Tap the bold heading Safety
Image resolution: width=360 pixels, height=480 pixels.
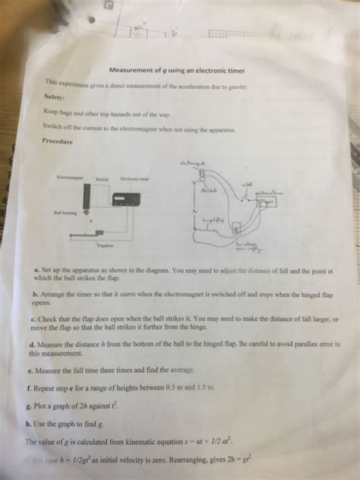click(54, 98)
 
